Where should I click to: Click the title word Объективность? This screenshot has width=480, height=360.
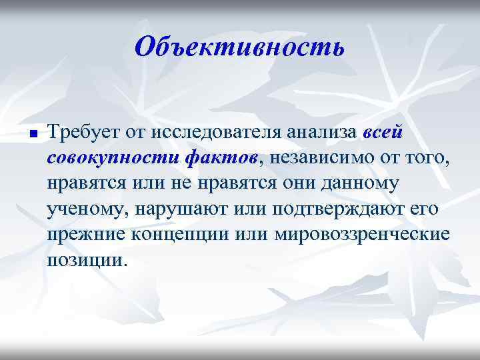(239, 47)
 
